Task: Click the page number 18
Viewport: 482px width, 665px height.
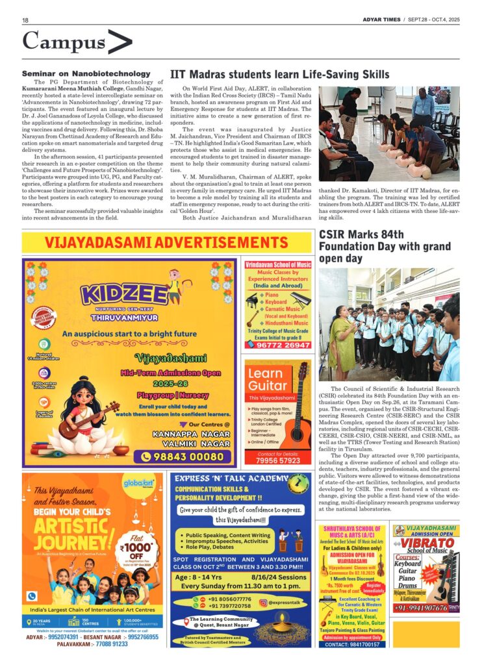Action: pos(25,21)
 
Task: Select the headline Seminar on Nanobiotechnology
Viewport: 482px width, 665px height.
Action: pos(86,74)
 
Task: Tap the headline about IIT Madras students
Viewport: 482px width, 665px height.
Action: pos(279,74)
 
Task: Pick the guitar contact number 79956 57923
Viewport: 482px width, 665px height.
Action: pos(278,460)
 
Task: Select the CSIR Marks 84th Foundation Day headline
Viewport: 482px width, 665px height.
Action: pos(383,246)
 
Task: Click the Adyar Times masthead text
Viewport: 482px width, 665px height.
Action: pos(381,20)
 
